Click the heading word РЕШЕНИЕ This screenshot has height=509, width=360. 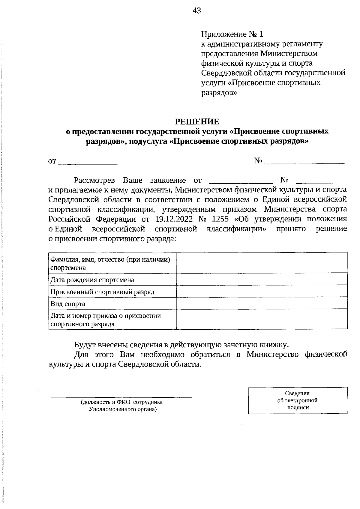coord(197,121)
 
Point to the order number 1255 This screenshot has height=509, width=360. coord(220,219)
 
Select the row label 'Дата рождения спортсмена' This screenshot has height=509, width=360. coord(92,280)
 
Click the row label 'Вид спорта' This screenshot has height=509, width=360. coord(68,304)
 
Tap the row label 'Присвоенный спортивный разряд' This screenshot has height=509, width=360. coord(102,292)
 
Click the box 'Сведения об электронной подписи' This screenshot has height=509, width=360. coord(298,400)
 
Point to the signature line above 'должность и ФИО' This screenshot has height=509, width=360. coord(121,397)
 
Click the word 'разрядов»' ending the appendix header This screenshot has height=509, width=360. coord(219,92)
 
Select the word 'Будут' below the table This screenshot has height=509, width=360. coord(85,345)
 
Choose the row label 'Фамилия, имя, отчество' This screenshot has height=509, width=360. coord(110,259)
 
